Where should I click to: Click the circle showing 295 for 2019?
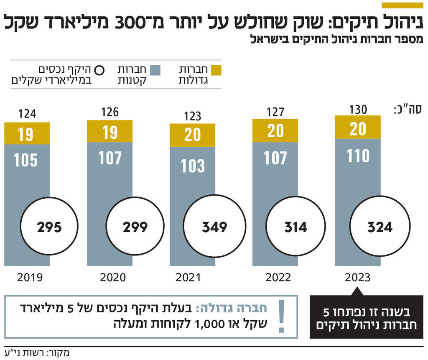(49, 227)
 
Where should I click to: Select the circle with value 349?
(214, 227)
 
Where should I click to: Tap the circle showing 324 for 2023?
(380, 227)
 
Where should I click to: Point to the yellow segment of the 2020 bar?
(110, 132)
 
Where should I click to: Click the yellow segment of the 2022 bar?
(275, 131)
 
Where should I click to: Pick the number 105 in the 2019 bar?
(26, 160)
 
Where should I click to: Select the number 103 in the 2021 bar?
(193, 166)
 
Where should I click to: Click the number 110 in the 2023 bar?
(358, 156)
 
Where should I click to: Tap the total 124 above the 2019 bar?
(27, 114)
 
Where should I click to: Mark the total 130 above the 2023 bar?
(358, 110)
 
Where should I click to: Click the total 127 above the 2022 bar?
(275, 112)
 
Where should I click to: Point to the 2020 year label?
(113, 277)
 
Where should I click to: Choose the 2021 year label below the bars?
(188, 277)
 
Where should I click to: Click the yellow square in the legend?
(216, 70)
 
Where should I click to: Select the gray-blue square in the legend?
(155, 70)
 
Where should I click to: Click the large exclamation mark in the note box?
(281, 317)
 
